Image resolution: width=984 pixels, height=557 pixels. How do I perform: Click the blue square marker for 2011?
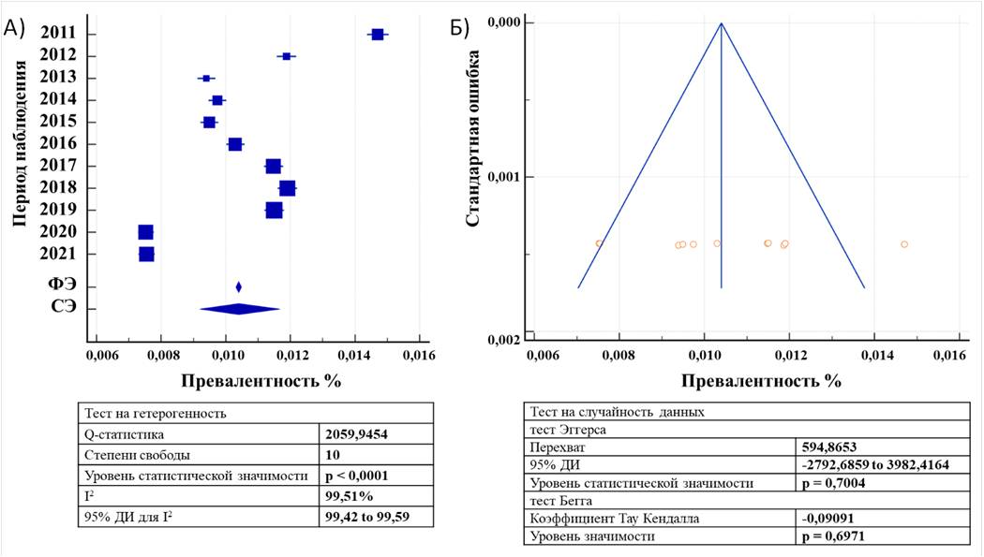(x=377, y=35)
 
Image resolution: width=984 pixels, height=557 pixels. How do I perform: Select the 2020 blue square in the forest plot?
(x=145, y=232)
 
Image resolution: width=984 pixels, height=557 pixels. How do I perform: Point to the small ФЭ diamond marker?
(x=239, y=287)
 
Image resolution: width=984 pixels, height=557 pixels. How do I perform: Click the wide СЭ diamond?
(x=239, y=309)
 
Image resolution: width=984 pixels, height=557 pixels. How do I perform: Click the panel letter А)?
(x=14, y=28)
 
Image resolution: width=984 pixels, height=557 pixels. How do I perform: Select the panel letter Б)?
(x=460, y=28)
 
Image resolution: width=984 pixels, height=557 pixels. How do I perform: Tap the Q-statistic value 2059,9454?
(x=355, y=434)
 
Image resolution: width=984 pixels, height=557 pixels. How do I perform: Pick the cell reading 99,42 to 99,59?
(x=365, y=516)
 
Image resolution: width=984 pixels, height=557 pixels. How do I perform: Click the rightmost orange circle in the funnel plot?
(x=904, y=244)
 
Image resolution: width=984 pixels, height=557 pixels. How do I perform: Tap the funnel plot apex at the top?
(x=721, y=23)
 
